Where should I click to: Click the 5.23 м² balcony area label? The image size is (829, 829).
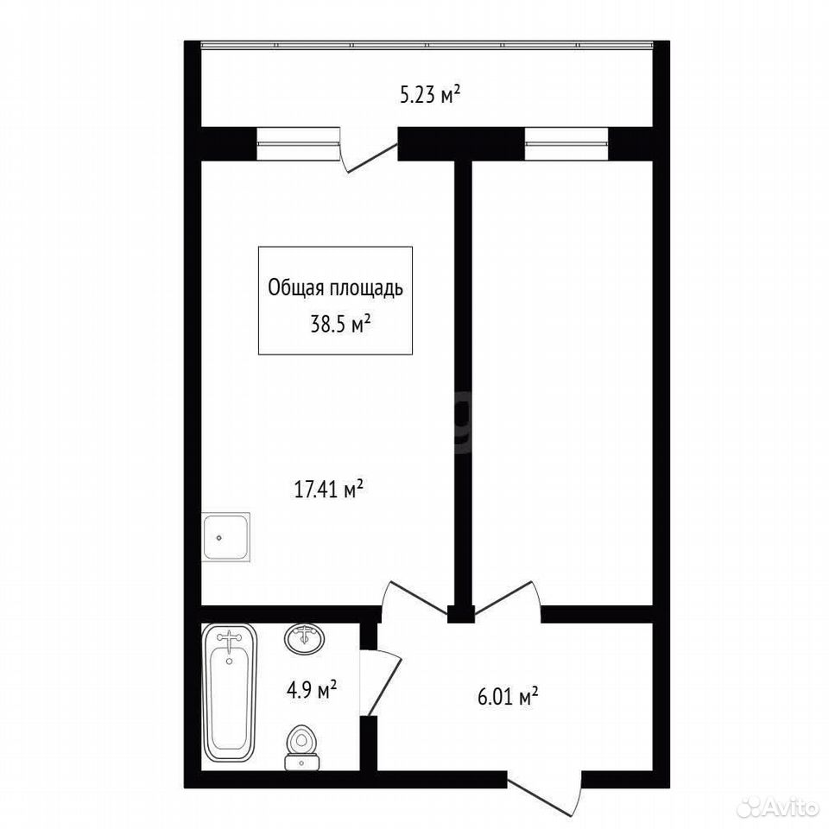pos(430,96)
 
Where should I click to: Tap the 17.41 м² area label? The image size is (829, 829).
pos(328,490)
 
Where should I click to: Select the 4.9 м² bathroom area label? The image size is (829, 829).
pos(312,690)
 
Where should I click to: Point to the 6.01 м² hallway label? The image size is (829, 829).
pos(508,697)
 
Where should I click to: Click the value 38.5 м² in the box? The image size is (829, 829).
pos(339,324)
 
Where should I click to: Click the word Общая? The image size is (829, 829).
pos(296,288)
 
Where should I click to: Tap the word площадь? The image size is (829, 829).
pos(366,289)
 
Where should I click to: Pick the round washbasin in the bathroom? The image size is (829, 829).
pos(304,638)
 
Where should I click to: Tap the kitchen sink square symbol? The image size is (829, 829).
pos(225,536)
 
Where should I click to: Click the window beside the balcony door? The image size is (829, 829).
pos(298,143)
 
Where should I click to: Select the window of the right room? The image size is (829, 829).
pos(566,143)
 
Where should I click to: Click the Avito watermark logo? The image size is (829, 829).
pos(777,808)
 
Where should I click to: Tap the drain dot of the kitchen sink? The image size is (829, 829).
pos(218,538)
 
